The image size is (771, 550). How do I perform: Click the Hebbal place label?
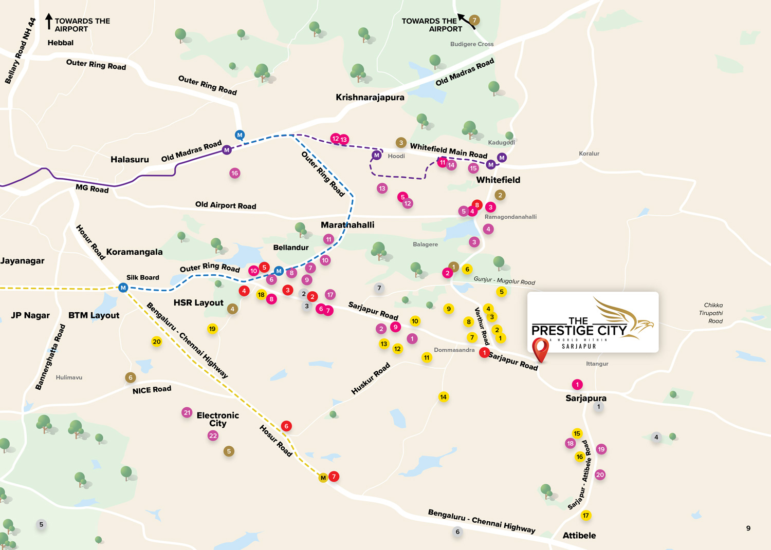[x=61, y=43]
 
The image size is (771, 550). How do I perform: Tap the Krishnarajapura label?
[x=370, y=97]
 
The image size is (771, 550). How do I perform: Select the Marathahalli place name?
[x=347, y=225]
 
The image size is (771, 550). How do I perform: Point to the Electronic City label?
[x=218, y=419]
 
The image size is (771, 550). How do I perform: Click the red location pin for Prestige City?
[x=540, y=349]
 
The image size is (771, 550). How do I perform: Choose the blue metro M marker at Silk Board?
[x=123, y=288]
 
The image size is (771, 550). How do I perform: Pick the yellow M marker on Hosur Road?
[x=323, y=478]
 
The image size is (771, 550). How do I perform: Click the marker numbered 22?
[x=213, y=435]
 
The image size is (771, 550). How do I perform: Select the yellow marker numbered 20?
[x=157, y=342]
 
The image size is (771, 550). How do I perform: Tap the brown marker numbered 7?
[x=474, y=20]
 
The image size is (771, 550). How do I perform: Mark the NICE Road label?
[x=152, y=390]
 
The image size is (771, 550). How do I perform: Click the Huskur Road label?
[x=371, y=378]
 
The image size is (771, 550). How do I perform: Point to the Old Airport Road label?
[x=226, y=205]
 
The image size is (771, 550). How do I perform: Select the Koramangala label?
[x=134, y=252]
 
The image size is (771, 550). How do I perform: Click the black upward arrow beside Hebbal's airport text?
[x=49, y=21]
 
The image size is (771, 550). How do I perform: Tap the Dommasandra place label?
[x=454, y=350]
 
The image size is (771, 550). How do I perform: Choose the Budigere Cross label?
[x=472, y=44]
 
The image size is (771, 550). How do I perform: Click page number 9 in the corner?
[x=748, y=528]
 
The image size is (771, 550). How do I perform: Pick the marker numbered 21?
[x=187, y=412]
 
